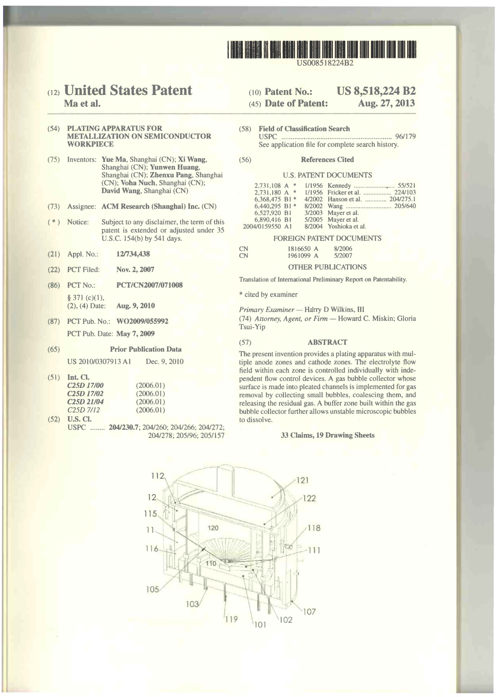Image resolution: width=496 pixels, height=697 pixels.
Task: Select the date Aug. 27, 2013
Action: (x=386, y=103)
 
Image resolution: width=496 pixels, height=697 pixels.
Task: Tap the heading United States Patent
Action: (x=128, y=91)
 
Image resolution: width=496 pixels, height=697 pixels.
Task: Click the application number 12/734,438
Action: (x=133, y=254)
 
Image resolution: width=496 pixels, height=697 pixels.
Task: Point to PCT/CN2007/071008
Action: (x=149, y=285)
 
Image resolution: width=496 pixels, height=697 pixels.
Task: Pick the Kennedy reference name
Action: (x=339, y=185)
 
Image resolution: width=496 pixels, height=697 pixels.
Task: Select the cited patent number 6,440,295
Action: (x=267, y=206)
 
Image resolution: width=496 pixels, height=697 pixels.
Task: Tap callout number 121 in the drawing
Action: (x=302, y=481)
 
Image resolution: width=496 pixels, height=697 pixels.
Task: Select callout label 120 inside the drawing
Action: (x=213, y=528)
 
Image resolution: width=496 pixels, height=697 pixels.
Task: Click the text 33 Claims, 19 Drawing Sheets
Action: (x=327, y=435)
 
